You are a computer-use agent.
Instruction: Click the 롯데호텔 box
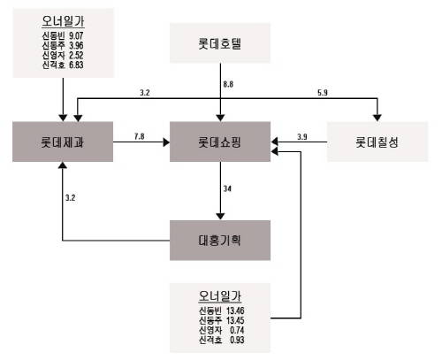[x=220, y=43]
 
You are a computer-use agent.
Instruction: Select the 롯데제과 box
[x=63, y=142]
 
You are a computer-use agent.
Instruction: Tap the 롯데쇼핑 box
[x=220, y=142]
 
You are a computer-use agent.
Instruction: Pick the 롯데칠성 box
[x=377, y=142]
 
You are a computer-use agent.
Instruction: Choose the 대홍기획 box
[x=220, y=241]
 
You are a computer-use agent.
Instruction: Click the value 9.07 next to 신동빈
[x=76, y=35]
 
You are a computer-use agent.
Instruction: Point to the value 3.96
[x=76, y=45]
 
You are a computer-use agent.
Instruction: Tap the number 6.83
[x=76, y=65]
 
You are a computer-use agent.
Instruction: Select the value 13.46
[x=235, y=310]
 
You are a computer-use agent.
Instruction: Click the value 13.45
[x=235, y=320]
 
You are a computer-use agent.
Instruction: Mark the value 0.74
[x=237, y=330]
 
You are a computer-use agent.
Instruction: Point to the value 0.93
[x=237, y=340]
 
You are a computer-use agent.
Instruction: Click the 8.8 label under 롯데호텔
[x=228, y=84]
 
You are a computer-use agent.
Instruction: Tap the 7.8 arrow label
[x=140, y=136]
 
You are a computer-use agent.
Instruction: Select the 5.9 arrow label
[x=323, y=93]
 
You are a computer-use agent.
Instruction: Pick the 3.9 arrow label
[x=302, y=137]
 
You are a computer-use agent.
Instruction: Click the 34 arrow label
[x=227, y=188]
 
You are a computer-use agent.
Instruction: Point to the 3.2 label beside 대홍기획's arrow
[x=70, y=197]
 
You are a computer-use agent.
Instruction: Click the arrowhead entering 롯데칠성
[x=377, y=118]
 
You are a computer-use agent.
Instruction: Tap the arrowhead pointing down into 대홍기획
[x=220, y=216]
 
